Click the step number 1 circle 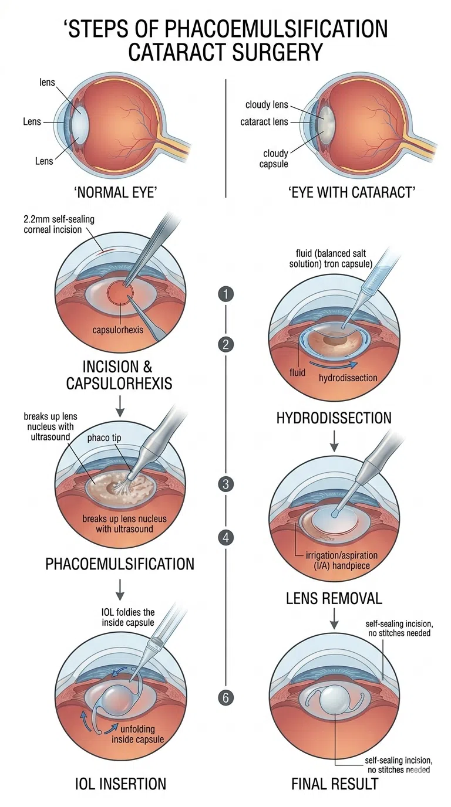point(226,294)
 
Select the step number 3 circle point(226,484)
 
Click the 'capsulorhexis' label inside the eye point(117,330)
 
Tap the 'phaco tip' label point(104,438)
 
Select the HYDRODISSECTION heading point(334,418)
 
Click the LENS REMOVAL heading point(334,598)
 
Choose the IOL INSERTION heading point(120,784)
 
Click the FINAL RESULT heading point(335,784)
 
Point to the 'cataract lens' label point(264,122)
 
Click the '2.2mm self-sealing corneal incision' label point(59,225)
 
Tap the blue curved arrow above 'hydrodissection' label point(334,366)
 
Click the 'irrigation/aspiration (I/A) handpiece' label point(341,560)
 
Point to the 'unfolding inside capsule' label point(137,734)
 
